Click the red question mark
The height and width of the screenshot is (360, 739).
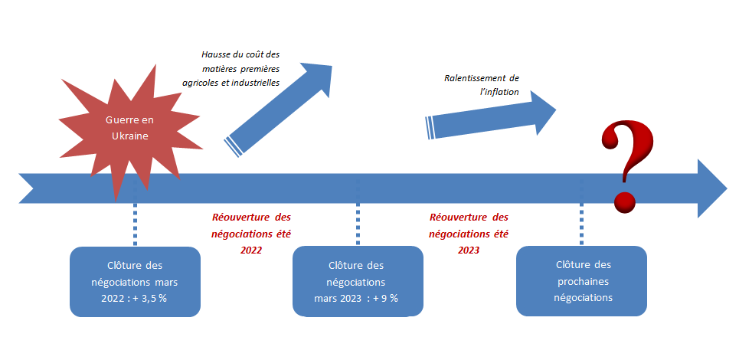tap(627, 157)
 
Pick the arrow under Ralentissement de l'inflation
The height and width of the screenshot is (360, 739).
tap(490, 119)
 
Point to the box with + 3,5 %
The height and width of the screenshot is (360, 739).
tap(135, 281)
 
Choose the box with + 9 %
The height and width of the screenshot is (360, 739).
tap(357, 281)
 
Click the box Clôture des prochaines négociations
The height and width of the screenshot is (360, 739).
tap(582, 281)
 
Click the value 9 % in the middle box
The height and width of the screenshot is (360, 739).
tap(387, 297)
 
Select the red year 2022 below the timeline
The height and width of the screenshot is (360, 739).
tap(250, 249)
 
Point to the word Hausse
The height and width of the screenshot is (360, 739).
tap(216, 55)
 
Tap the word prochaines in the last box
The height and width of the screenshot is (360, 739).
tap(583, 281)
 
